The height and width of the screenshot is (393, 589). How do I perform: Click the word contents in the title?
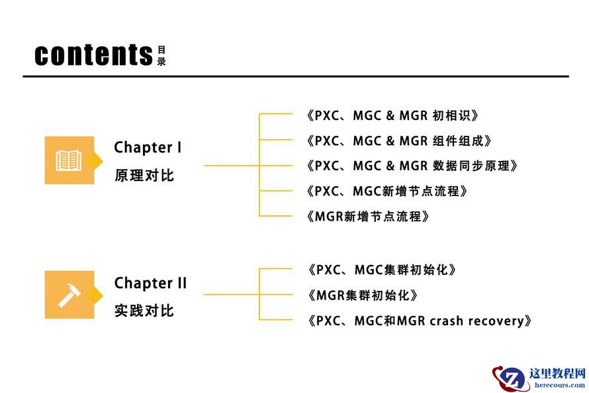93,54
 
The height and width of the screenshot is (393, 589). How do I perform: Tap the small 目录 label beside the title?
161,56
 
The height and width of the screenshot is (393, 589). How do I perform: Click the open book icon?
69,160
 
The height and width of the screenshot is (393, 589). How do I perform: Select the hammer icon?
69,294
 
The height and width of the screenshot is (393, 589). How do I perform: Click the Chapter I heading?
148,147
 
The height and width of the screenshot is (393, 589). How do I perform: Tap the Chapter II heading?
150,283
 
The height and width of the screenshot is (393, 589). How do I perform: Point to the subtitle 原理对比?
144,176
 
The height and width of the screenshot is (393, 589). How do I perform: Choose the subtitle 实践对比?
144,311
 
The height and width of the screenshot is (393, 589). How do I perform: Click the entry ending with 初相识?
392,115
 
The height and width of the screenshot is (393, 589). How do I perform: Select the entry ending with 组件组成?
398,140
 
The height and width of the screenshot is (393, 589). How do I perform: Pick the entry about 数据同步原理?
411,166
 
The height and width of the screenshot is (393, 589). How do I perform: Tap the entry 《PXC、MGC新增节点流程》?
388,191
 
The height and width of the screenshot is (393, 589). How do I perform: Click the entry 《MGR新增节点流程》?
368,216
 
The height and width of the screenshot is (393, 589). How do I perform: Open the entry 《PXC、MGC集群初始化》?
382,270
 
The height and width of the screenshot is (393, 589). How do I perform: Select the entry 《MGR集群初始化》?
363,295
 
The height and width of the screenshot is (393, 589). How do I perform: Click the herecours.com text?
559,385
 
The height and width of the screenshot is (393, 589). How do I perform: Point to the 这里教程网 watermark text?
557,373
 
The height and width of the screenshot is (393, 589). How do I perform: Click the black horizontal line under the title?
295,76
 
